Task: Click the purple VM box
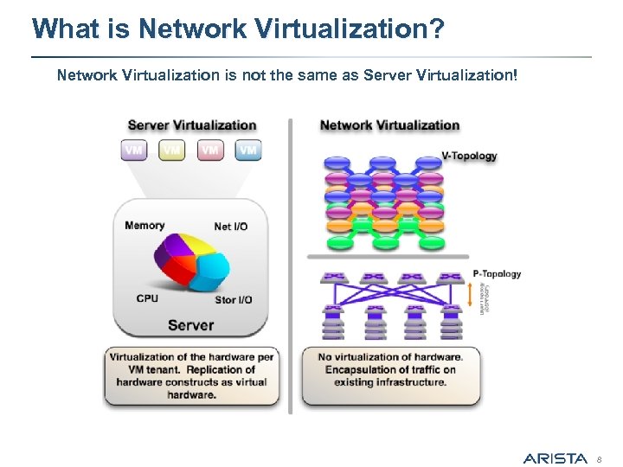[134, 150]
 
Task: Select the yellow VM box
[172, 150]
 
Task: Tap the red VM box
[210, 150]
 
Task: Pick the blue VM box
[248, 150]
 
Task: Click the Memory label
[145, 226]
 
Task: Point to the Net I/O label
[230, 227]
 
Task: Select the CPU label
[147, 298]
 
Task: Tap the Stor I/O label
[233, 300]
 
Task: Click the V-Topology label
[469, 157]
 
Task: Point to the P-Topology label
[497, 274]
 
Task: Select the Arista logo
[555, 458]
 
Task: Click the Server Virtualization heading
[192, 125]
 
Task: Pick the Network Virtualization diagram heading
[389, 125]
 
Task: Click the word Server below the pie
[190, 325]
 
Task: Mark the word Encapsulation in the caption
[356, 369]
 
